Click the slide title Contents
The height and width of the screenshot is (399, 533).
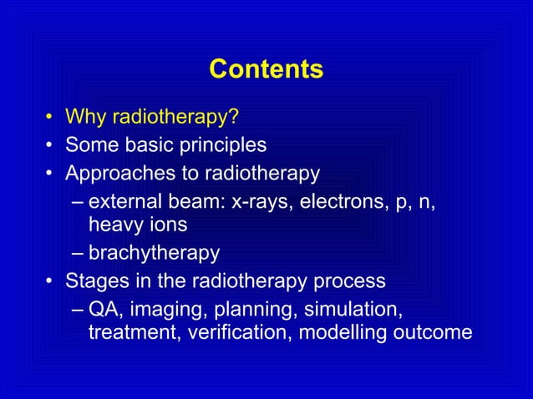coord(266,69)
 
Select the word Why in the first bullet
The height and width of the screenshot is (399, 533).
coord(84,114)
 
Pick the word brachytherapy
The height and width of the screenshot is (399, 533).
coord(154,253)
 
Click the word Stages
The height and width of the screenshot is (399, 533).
coord(93,280)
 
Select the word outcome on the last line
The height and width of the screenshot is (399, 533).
coord(439,332)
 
